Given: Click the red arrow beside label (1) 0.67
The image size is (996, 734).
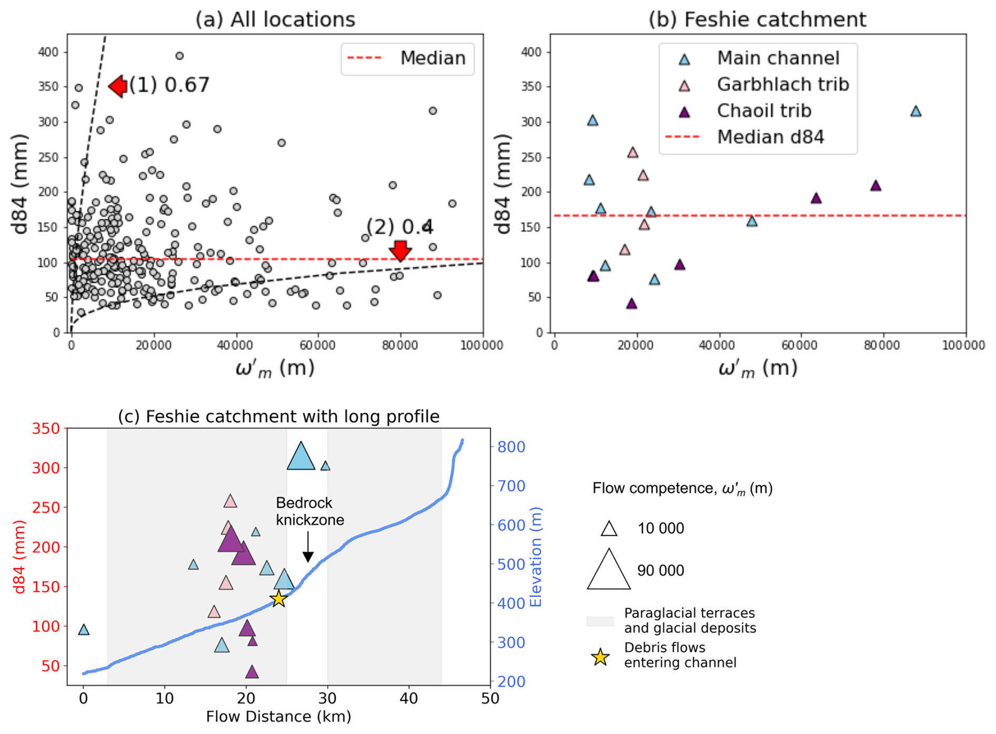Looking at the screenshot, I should [118, 86].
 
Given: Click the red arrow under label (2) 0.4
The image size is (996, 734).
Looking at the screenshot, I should [401, 250].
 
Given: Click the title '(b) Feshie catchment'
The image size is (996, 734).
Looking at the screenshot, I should [757, 19].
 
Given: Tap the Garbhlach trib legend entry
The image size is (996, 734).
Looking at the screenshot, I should [782, 85].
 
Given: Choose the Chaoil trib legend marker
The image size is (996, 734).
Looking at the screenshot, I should [684, 112].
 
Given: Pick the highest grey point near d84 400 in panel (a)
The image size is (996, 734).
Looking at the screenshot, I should [180, 56].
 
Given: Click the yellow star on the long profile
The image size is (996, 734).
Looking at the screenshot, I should [278, 599].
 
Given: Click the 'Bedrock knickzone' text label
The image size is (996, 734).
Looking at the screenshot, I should [310, 511].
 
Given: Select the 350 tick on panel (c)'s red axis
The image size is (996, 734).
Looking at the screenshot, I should [46, 428].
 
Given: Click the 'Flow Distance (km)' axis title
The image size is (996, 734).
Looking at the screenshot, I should [278, 717].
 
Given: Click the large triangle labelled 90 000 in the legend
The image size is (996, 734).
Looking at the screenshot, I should [609, 570].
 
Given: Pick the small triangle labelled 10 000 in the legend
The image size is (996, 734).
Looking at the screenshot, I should [609, 528].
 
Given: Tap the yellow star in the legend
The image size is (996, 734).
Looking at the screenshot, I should [600, 657].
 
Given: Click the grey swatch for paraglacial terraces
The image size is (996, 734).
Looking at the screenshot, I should [600, 621].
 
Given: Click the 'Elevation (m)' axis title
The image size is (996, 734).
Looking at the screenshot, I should [536, 557].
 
